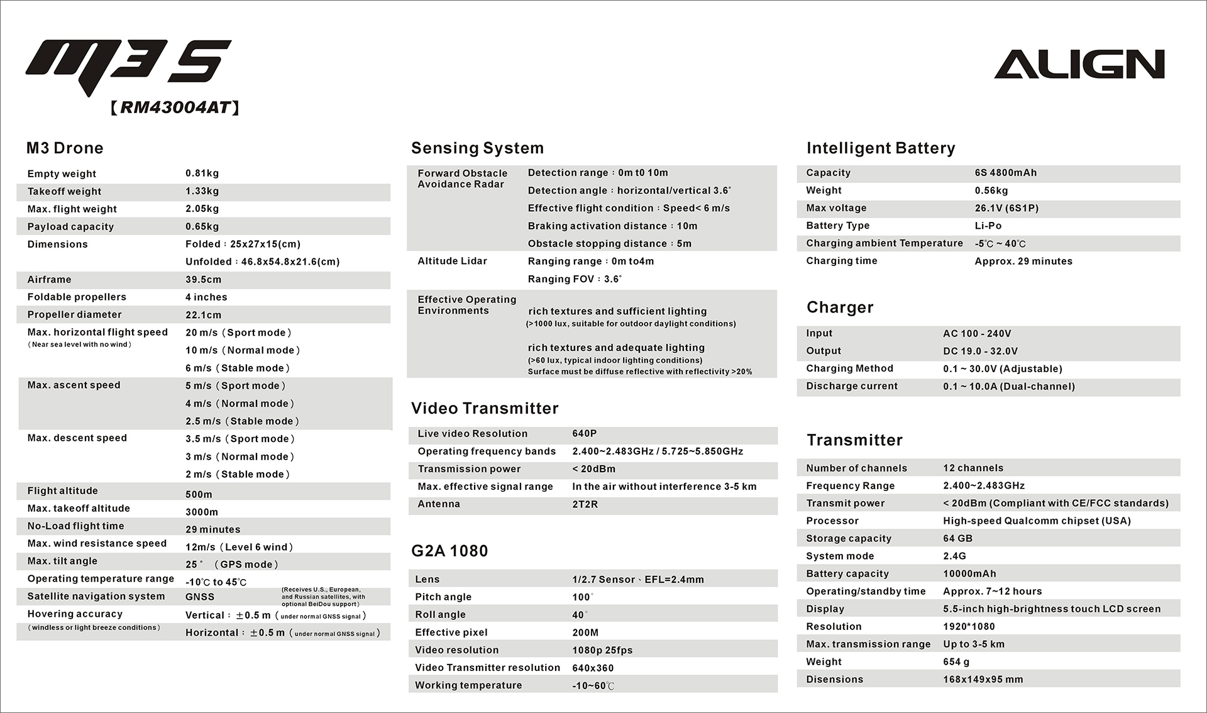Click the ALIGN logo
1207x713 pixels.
(x=1079, y=64)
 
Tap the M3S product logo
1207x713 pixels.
(x=129, y=65)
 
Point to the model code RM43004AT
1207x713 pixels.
(x=175, y=108)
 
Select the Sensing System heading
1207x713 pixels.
(x=477, y=148)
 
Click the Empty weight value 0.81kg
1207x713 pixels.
(x=202, y=174)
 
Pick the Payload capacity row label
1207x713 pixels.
(x=70, y=227)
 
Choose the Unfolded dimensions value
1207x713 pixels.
(x=262, y=262)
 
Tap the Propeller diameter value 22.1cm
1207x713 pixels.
(x=203, y=315)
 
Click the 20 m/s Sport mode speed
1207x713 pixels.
(x=238, y=333)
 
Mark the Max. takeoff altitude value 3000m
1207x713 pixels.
(x=202, y=512)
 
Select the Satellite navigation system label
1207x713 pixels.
(x=96, y=597)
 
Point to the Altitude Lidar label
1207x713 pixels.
(x=452, y=262)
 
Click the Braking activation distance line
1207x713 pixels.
(x=612, y=226)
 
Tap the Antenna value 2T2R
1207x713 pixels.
(x=585, y=504)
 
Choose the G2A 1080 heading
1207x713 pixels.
(x=449, y=551)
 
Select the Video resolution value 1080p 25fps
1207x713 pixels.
(x=602, y=651)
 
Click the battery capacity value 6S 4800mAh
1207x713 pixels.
(x=1005, y=173)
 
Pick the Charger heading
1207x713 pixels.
(x=840, y=307)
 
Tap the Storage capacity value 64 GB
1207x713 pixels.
(x=957, y=539)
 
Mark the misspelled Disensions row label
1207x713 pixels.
(x=834, y=680)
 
